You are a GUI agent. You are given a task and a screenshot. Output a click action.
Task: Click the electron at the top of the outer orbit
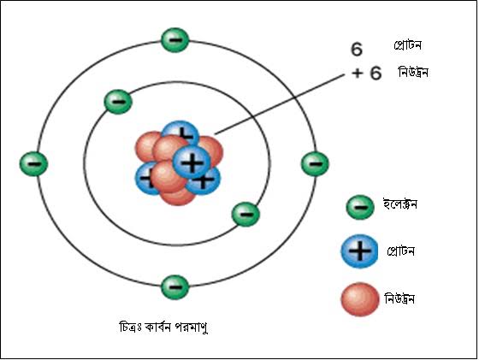(174, 40)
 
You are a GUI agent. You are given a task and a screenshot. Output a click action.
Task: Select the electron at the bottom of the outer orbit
(174, 287)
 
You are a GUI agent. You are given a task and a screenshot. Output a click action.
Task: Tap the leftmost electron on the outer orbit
(33, 163)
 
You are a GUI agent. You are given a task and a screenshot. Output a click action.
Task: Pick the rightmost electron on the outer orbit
(315, 163)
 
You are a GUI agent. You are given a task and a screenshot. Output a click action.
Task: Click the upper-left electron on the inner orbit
(118, 102)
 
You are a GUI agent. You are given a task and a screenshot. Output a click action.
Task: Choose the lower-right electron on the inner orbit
(246, 215)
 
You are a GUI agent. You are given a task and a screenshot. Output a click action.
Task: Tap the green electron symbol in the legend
(360, 207)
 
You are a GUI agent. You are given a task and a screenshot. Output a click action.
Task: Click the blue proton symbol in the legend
(359, 251)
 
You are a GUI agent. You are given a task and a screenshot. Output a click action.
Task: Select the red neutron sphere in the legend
(360, 299)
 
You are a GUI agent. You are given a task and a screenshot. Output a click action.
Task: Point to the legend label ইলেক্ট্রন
(400, 204)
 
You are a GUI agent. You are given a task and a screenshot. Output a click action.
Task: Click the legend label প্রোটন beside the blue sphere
(400, 251)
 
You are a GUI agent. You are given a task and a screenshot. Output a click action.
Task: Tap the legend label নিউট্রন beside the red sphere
(399, 298)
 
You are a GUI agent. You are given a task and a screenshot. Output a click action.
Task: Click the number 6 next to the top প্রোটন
(357, 49)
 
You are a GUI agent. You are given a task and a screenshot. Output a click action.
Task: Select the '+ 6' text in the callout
(367, 73)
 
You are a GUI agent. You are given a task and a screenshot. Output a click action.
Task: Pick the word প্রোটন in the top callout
(407, 45)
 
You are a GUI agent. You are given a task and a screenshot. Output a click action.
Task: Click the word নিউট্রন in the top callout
(412, 73)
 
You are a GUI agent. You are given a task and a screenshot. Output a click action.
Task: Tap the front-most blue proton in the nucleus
(192, 162)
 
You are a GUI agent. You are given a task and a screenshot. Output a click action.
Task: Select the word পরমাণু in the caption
(192, 328)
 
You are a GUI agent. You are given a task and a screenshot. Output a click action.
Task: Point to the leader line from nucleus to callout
(280, 103)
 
